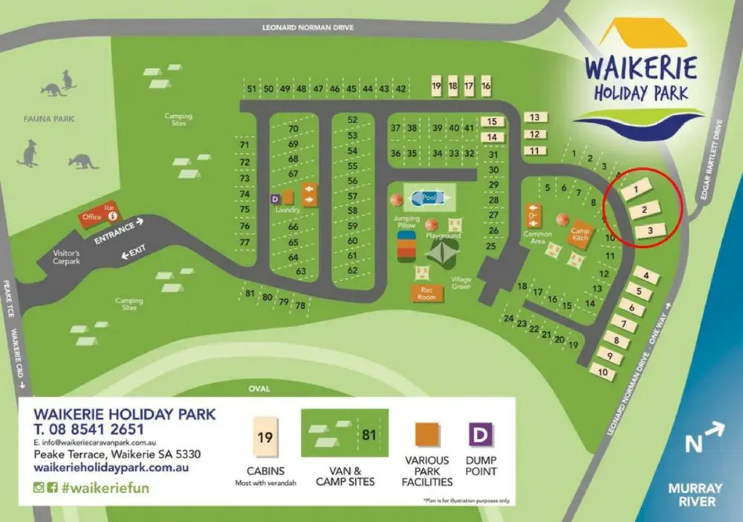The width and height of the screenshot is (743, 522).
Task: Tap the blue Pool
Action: [429, 197]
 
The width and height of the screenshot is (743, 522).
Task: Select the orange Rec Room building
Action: [426, 293]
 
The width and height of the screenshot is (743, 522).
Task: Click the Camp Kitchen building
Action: [580, 234]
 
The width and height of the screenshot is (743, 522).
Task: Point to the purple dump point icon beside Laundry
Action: [275, 199]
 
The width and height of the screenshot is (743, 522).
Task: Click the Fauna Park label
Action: [49, 118]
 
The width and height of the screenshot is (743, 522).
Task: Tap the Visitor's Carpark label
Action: [66, 257]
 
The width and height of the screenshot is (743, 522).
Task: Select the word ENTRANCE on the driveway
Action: [114, 232]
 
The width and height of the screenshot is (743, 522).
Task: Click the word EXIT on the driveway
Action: [137, 250]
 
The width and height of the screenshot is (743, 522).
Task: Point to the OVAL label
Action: [259, 389]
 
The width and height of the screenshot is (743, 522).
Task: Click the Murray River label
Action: [696, 494]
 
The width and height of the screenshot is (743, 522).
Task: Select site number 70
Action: [293, 129]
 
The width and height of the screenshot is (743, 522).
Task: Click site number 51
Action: [252, 88]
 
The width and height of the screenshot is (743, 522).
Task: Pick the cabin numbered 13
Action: [535, 117]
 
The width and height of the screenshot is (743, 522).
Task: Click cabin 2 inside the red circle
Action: [644, 210]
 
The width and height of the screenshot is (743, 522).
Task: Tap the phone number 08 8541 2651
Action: [89, 429]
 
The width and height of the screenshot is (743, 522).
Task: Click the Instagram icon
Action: [39, 487]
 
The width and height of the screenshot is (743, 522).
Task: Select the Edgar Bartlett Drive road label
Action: [711, 159]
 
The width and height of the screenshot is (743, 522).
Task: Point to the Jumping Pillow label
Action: [406, 222]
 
